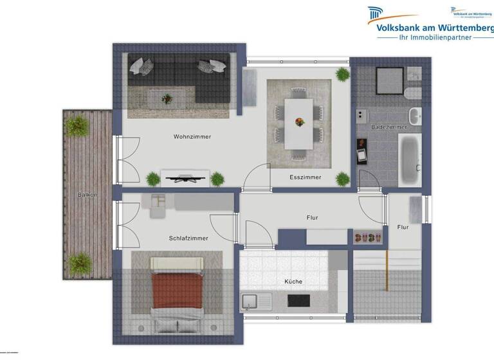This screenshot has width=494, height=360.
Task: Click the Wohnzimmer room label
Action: click(192, 136)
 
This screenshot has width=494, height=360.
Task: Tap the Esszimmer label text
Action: click(306, 177)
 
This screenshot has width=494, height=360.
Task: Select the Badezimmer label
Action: click(389, 127)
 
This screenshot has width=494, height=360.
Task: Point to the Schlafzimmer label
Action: click(188, 238)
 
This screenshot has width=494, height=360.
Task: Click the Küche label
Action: click(293, 282)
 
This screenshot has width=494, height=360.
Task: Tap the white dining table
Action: click(298, 122)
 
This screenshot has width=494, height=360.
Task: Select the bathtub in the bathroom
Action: click(409, 159)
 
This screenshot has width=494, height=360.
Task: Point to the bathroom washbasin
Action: click(415, 116)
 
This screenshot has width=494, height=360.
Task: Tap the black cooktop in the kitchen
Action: click(298, 300)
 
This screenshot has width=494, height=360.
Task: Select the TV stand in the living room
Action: click(185, 176)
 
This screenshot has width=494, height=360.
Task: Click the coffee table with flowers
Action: click(167, 99)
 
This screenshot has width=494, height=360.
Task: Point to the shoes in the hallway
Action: click(369, 237)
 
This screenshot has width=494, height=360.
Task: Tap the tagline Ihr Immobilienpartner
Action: click(436, 37)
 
